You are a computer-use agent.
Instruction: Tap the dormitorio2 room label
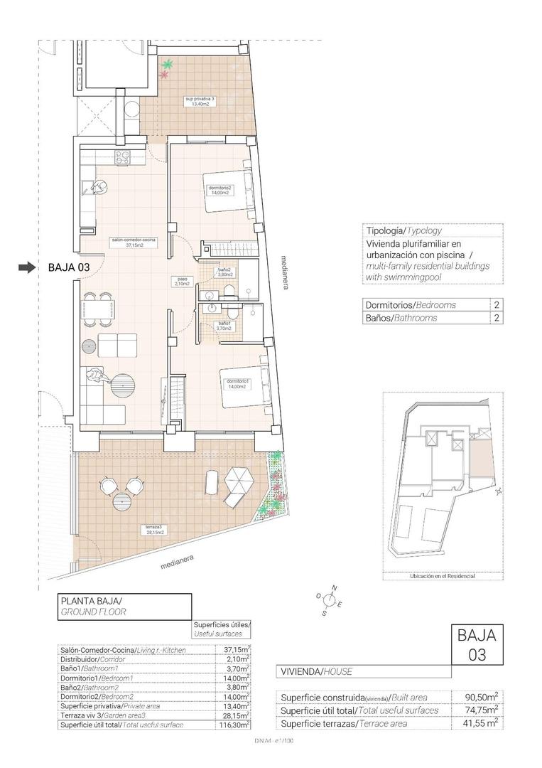point(220,190)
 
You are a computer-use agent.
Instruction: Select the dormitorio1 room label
point(236,384)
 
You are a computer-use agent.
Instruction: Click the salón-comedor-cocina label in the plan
point(133,242)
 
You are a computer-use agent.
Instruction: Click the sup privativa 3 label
point(200,100)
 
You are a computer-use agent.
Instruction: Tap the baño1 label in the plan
point(224,326)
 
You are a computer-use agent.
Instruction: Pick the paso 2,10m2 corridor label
point(182,281)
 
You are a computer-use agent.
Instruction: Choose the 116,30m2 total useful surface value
point(234,725)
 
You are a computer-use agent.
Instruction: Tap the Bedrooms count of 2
point(496,304)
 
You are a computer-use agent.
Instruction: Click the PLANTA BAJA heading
point(91,601)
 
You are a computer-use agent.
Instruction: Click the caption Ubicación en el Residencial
point(443,575)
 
